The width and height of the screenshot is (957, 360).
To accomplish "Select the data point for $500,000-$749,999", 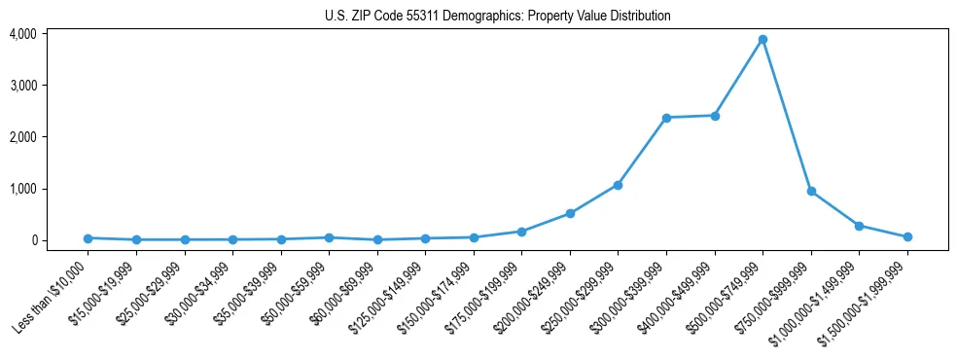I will tap(762, 40).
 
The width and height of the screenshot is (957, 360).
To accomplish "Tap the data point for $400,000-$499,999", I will tap(715, 116).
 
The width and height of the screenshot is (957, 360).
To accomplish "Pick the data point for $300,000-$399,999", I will tap(666, 118).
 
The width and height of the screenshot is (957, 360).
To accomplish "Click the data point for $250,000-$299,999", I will tap(618, 185).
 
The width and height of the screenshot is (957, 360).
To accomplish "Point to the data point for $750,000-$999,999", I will tap(811, 192).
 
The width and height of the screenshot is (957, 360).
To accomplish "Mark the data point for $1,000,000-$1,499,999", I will tap(859, 226).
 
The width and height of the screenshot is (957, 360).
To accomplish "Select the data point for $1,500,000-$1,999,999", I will tap(907, 236).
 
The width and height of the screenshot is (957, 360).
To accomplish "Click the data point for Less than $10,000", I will tap(88, 238).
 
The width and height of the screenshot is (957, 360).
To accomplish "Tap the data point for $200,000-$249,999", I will tap(570, 213).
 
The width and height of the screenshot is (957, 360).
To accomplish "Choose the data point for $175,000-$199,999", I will tap(521, 232).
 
